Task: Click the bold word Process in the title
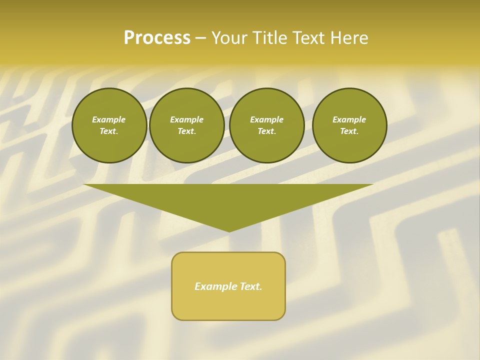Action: coord(157,38)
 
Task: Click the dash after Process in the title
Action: coord(200,38)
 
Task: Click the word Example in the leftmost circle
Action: coord(109,119)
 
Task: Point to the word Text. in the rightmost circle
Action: coord(349,131)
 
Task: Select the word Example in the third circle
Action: coord(267,119)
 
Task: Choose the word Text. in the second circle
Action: coord(187,131)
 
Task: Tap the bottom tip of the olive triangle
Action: coord(229,230)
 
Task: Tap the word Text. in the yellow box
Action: coord(250,286)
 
